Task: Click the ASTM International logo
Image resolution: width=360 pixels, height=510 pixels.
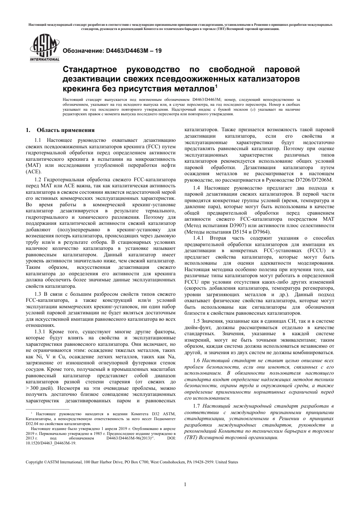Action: [44, 48]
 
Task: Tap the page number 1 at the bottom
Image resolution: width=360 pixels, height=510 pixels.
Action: [185, 484]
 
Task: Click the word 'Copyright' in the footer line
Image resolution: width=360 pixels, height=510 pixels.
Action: [34, 462]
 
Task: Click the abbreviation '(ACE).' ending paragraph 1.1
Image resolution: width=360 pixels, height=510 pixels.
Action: [33, 171]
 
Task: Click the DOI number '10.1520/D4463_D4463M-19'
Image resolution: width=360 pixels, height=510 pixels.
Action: [51, 443]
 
